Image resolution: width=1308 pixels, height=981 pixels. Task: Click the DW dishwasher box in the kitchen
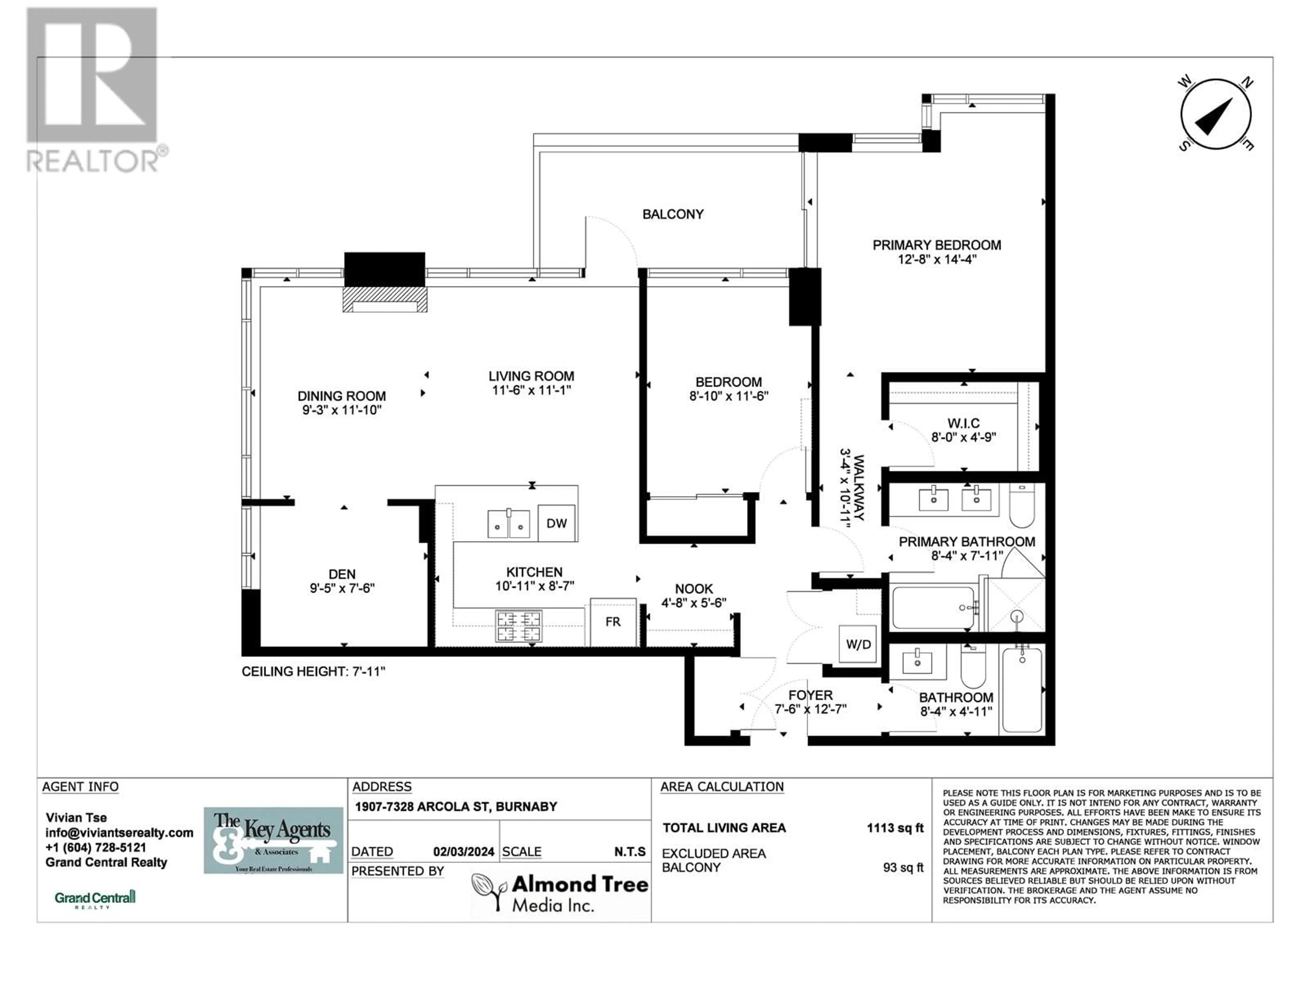[557, 523]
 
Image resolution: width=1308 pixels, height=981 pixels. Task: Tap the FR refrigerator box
[613, 622]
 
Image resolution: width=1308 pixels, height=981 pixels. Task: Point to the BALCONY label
[673, 214]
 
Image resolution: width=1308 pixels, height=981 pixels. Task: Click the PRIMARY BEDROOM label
[937, 245]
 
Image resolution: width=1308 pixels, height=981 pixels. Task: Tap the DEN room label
[342, 574]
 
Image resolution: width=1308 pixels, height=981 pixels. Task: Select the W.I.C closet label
[963, 423]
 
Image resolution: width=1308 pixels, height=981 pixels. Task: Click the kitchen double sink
[509, 523]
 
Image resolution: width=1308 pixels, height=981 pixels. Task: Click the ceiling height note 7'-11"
[313, 671]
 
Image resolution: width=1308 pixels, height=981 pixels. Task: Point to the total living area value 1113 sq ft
[895, 828]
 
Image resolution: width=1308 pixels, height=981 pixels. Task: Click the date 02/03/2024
[464, 852]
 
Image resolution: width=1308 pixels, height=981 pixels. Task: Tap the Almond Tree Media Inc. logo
[559, 893]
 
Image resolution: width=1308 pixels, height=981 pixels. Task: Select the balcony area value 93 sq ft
[903, 868]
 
